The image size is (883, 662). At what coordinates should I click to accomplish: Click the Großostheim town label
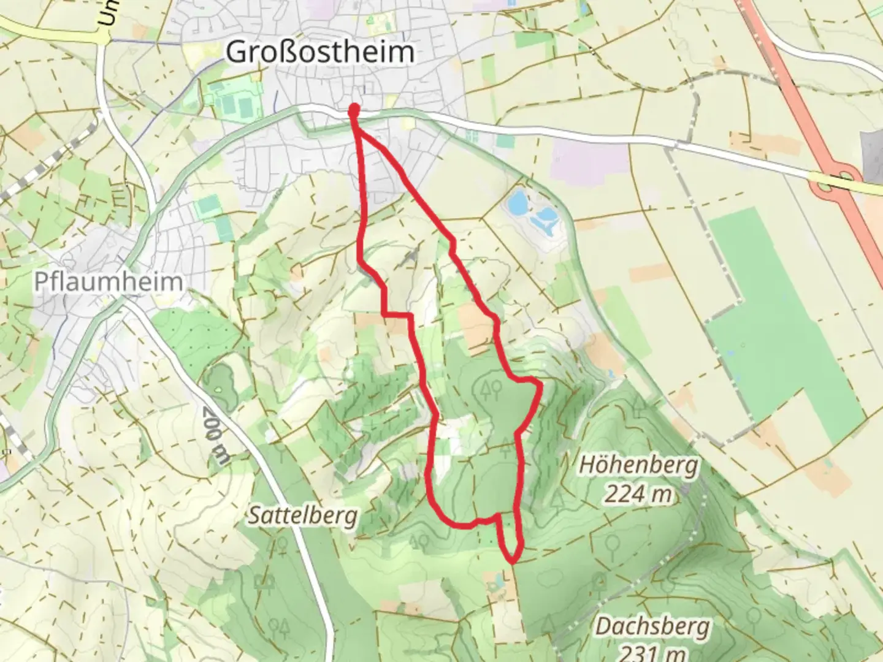tap(319, 52)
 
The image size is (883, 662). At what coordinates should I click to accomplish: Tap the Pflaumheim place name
tap(109, 281)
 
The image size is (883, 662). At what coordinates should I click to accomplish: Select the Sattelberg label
tap(302, 516)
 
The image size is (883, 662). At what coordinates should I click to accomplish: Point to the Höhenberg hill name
tap(638, 466)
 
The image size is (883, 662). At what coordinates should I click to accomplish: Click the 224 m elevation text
tap(638, 493)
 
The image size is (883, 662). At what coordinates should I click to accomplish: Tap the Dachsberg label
tap(652, 626)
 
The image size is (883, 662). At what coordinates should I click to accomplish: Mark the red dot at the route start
tap(354, 110)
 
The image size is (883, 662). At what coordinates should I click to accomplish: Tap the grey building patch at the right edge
tap(873, 146)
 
